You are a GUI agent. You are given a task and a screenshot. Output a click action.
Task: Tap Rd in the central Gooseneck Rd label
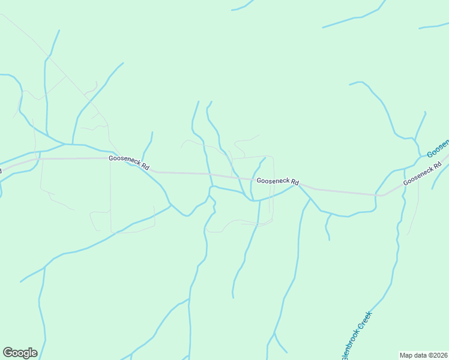coord(294,182)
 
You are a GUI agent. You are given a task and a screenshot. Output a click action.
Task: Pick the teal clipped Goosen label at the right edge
coord(439,148)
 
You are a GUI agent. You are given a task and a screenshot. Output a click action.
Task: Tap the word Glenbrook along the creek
coord(348,348)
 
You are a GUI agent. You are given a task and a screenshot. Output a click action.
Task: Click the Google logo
coord(20,353)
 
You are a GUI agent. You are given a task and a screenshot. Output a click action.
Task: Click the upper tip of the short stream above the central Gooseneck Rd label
coord(265,158)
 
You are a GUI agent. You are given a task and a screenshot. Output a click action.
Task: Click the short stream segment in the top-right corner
coord(433,26)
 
